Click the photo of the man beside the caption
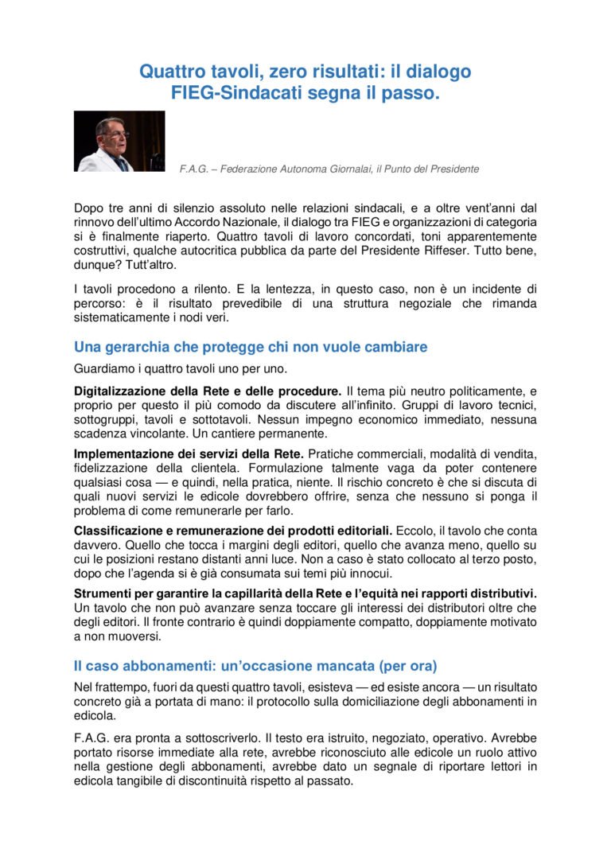pos(119,141)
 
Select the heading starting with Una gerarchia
pos(251,347)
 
